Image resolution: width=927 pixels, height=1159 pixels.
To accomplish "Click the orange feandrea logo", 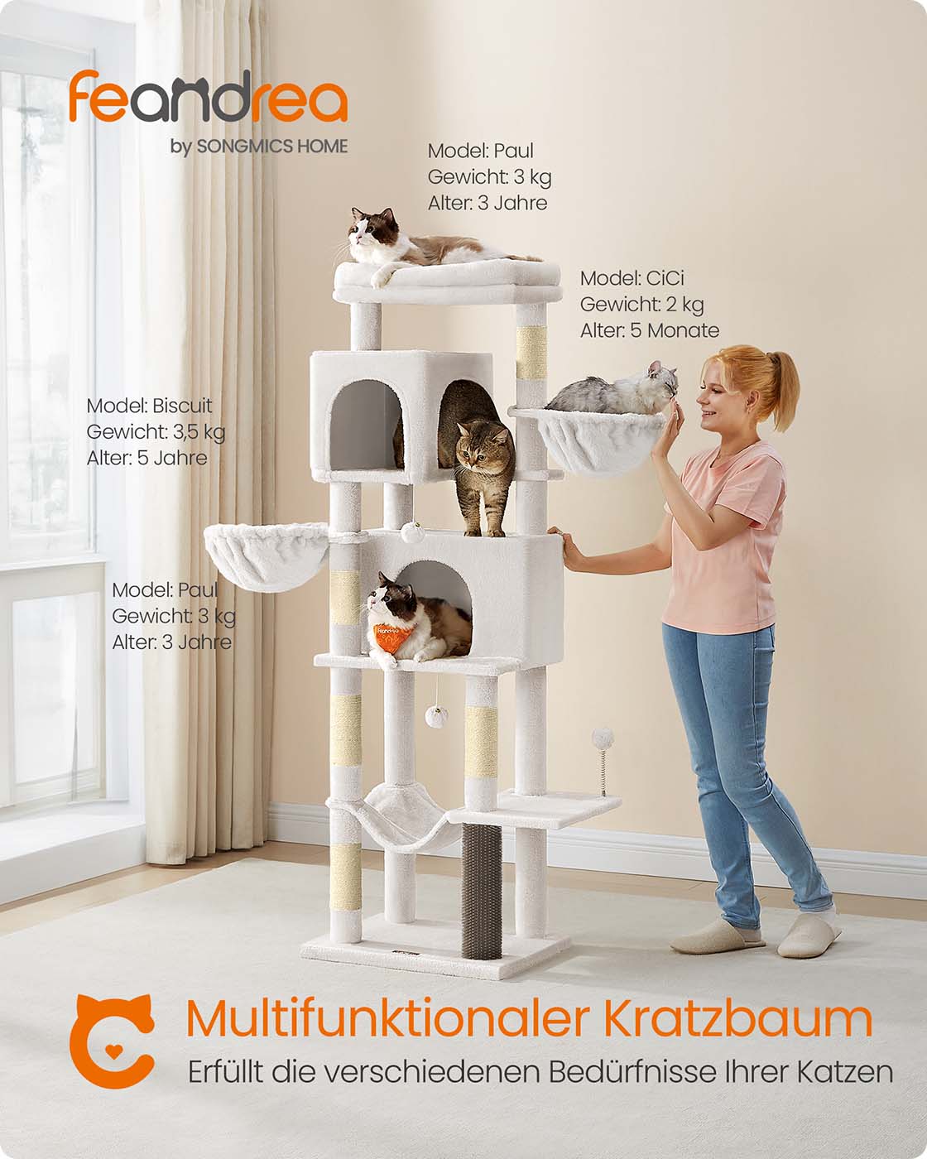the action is (x=208, y=96).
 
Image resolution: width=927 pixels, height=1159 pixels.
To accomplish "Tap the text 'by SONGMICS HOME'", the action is (x=258, y=146).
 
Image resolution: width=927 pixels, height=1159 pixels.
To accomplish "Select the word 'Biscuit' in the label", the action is (x=182, y=406).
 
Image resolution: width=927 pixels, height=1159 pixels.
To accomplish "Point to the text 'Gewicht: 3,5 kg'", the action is (x=156, y=432).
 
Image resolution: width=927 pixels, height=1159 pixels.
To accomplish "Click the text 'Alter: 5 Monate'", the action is (x=649, y=330).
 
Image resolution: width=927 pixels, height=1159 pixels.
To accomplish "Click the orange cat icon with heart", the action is (x=112, y=1041).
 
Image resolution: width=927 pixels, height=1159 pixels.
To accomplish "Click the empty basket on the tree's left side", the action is (x=266, y=555).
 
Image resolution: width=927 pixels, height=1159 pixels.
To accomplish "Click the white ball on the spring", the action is (x=603, y=736).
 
